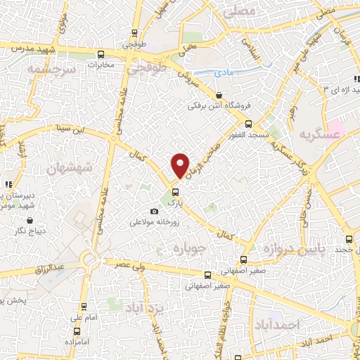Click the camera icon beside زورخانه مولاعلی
coord(155,212)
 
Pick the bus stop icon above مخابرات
coord(102,54)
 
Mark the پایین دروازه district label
coord(288,250)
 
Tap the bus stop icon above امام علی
coord(84,307)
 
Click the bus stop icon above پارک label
coord(176,192)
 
